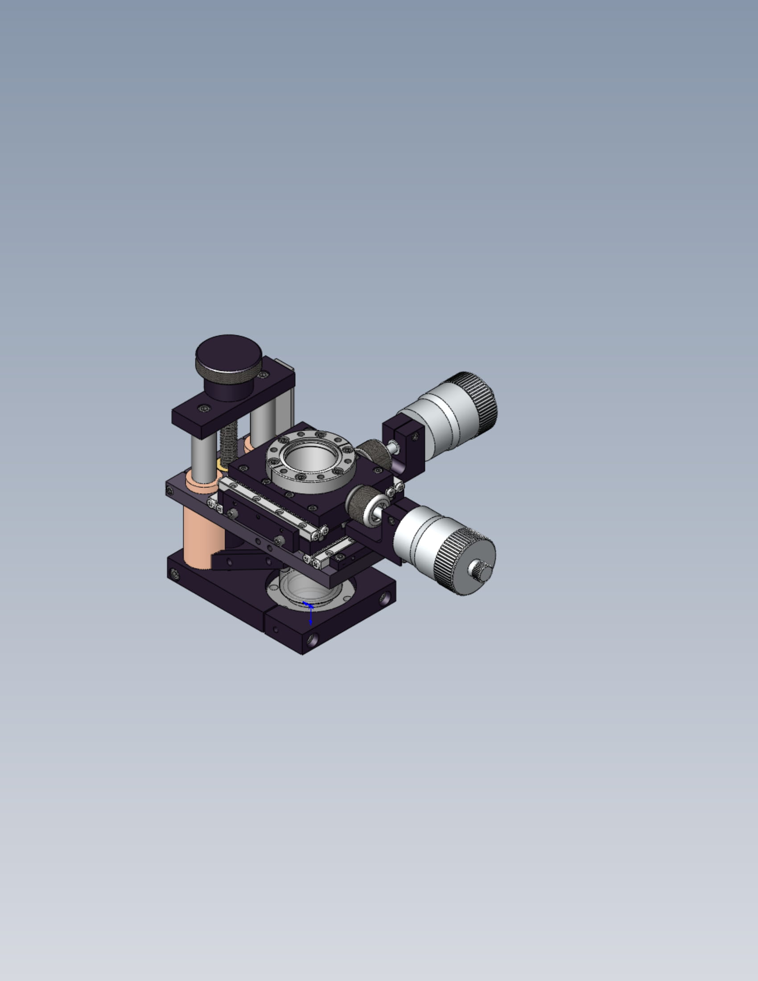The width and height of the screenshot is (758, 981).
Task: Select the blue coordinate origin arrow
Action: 310,611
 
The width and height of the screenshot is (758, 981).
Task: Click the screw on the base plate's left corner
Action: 175,573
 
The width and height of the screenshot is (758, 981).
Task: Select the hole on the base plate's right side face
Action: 385,598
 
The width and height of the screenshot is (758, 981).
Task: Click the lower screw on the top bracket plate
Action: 205,408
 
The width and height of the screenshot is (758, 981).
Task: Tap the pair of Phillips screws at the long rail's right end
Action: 320,533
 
